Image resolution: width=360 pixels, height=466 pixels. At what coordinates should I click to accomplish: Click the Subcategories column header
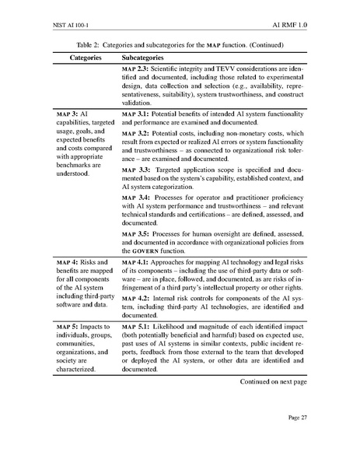click(x=143, y=58)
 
